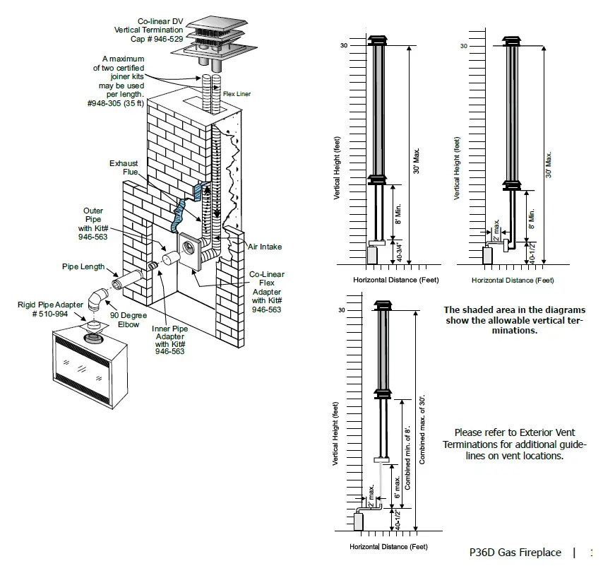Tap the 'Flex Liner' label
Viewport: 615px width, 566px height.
coord(237,93)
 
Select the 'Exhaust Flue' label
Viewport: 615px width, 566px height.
coord(124,168)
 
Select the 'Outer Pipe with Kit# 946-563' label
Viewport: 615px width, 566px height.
coord(93,224)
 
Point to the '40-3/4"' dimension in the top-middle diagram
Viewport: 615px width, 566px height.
coord(398,252)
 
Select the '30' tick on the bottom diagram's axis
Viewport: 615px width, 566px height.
coord(342,311)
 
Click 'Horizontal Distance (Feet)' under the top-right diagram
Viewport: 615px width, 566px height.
coord(513,280)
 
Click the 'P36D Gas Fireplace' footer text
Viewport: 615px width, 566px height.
coord(515,553)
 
